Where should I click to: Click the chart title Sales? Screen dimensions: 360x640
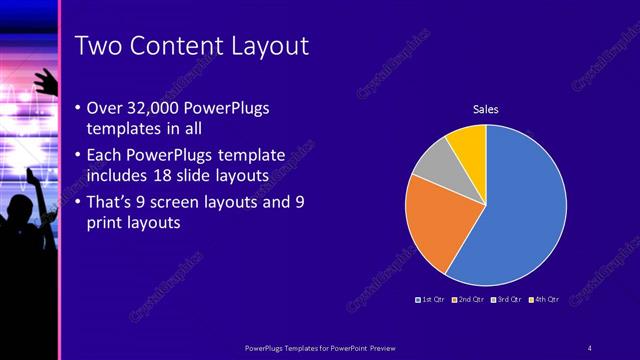[485, 109]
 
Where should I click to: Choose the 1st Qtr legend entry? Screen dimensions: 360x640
[431, 299]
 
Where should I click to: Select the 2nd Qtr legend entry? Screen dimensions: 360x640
[469, 299]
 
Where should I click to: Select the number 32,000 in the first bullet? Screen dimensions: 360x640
[159, 108]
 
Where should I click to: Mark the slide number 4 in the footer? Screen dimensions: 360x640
[589, 347]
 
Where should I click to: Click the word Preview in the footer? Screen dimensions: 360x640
[376, 347]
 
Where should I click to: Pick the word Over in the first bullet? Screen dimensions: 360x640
[106, 108]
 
